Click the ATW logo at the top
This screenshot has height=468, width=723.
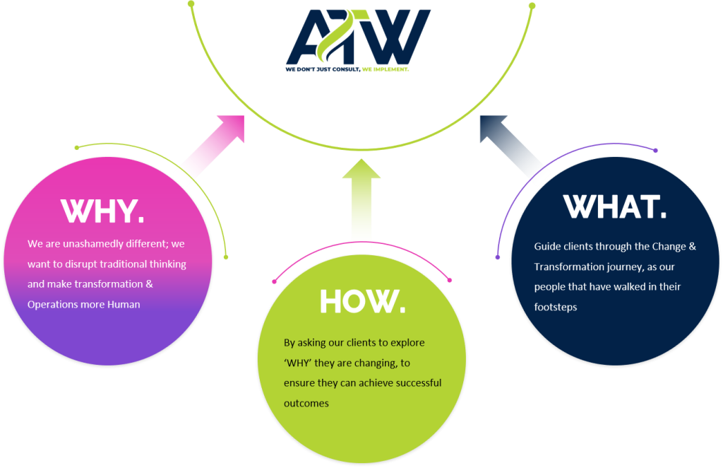[x=357, y=38]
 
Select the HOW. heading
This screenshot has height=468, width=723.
[x=362, y=301]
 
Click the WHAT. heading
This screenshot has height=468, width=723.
[x=614, y=206]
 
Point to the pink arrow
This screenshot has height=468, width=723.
[x=209, y=151]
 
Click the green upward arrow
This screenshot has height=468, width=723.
[x=361, y=202]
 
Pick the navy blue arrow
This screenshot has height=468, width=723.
[x=513, y=151]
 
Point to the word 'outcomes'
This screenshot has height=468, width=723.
[x=306, y=403]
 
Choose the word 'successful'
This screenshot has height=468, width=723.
[x=414, y=382]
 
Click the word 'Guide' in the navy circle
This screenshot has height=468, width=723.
[x=546, y=247]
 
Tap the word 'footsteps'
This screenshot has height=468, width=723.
[x=556, y=308]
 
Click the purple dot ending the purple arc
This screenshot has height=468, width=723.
[x=656, y=151]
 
